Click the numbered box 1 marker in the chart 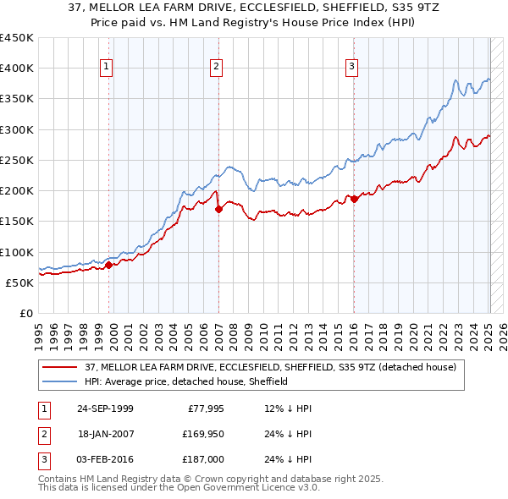click(107, 67)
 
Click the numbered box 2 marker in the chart click(216, 67)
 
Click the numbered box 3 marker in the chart click(351, 67)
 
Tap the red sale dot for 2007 click(218, 208)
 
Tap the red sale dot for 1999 click(109, 265)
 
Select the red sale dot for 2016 click(354, 198)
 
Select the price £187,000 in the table click(202, 459)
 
